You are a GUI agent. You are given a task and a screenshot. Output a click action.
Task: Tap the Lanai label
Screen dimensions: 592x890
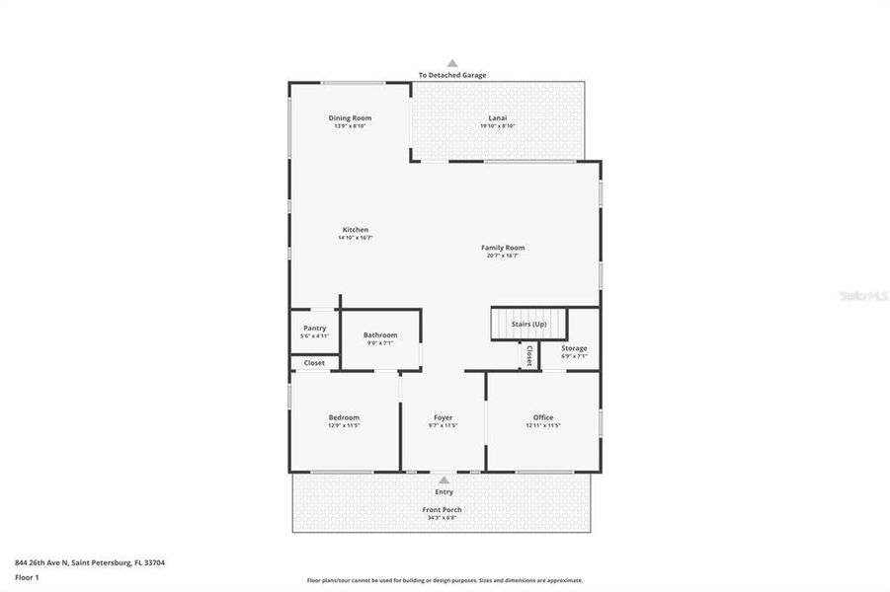[497, 118]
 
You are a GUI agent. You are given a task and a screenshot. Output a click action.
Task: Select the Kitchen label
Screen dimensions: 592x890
[355, 230]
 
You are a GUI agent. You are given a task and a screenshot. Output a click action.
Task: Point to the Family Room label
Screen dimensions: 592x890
[503, 248]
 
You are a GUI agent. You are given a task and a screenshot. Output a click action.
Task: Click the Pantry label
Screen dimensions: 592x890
[314, 329]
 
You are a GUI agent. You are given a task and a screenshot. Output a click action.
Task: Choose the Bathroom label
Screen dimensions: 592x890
[380, 335]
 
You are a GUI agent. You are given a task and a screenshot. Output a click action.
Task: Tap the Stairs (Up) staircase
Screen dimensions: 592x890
[529, 325]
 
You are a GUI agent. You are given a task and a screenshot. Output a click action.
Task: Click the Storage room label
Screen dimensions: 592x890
[574, 348]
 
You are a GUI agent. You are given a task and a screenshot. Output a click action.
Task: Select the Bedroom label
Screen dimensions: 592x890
[344, 417]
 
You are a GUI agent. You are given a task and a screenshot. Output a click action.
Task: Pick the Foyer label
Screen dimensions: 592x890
[443, 417]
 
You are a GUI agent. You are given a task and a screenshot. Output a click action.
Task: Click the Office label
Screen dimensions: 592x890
[543, 417]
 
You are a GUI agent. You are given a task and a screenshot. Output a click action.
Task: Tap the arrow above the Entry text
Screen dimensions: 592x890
[444, 481]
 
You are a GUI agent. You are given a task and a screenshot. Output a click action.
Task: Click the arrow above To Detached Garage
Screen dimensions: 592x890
[452, 62]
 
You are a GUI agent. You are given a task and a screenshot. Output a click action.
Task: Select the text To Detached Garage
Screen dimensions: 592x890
[452, 75]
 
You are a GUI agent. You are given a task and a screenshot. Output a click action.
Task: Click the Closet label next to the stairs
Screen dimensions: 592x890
[529, 355]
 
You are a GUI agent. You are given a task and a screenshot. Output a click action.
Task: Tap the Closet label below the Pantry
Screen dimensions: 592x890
[314, 363]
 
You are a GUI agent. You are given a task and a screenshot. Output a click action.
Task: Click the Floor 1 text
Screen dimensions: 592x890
[28, 576]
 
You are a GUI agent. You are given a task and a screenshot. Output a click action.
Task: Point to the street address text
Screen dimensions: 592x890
[90, 562]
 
